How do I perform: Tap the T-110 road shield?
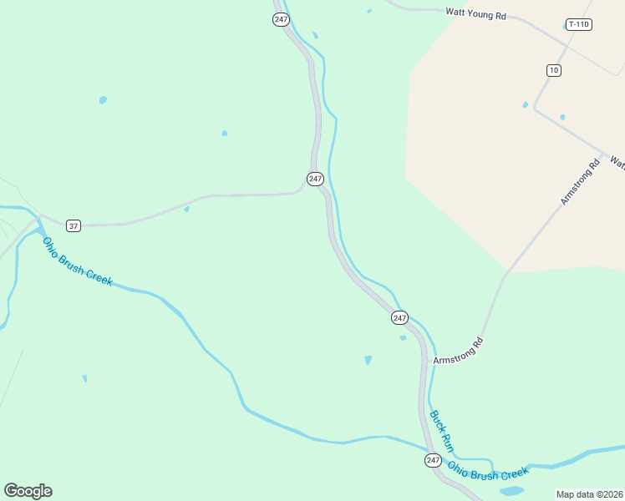578,24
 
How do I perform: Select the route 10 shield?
554,70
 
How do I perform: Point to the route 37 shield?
74,225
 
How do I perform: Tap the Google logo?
28,490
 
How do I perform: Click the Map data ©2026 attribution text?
589,494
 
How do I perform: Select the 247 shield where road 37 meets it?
315,179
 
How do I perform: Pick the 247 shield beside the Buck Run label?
432,460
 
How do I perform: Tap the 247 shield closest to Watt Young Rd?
281,18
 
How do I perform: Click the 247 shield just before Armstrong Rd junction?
399,317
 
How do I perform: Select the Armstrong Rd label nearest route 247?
459,350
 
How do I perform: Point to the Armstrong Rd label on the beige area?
581,183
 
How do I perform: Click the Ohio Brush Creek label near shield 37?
77,261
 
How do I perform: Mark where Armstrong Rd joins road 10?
603,154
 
